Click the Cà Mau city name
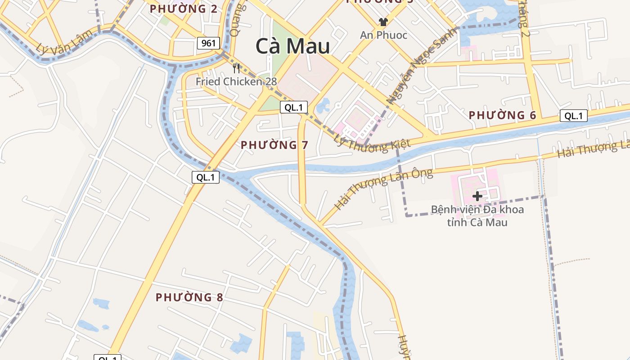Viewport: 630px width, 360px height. (x=292, y=46)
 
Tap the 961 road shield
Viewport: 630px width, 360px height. (x=208, y=43)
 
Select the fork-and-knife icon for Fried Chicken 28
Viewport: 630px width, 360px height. (x=236, y=68)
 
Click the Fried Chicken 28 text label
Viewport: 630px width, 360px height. (x=236, y=81)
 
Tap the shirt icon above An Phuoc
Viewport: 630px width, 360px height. (x=383, y=22)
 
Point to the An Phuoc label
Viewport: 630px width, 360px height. (x=383, y=35)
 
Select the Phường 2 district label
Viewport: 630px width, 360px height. (x=184, y=9)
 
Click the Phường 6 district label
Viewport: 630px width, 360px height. (x=502, y=115)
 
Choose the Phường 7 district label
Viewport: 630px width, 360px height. (x=274, y=145)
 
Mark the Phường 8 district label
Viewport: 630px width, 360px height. (x=189, y=297)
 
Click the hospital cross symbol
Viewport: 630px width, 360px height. (x=477, y=196)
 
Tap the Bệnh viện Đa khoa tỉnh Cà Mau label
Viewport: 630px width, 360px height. (x=477, y=216)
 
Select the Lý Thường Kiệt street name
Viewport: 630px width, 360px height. (x=372, y=143)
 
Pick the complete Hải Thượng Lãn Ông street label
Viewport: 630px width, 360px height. (x=383, y=189)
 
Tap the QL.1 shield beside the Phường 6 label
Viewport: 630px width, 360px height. (x=574, y=116)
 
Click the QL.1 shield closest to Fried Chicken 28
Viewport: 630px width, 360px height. (x=294, y=107)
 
